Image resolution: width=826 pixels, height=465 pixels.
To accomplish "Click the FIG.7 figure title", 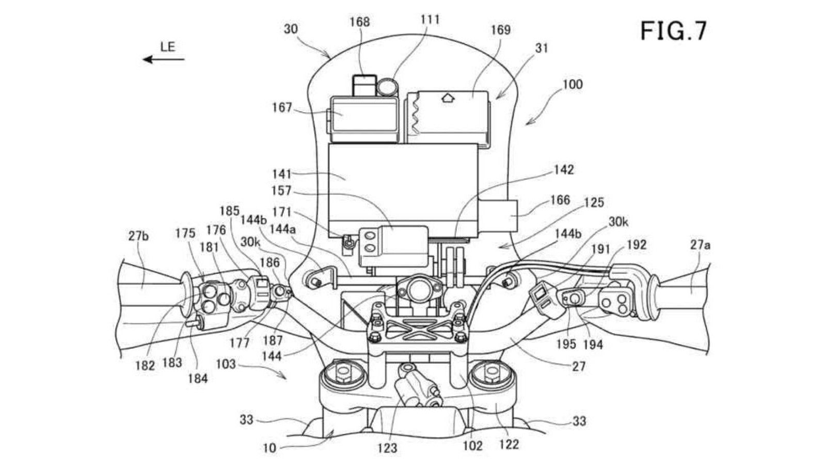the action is pos(673,30).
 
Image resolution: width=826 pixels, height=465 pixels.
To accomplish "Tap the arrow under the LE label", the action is pos(163,59).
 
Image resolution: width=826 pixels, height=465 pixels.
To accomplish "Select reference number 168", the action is pos(359,22).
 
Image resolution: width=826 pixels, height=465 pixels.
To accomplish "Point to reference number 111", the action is pos(430,19).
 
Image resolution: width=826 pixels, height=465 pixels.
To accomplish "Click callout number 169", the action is pos(500,30).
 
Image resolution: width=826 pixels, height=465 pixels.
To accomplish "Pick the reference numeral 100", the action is pos(573,85).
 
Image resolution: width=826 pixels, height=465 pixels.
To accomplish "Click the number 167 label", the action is pos(282,108).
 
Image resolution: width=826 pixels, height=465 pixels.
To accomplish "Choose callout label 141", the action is pos(282,174).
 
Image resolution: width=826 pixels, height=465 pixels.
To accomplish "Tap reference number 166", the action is pos(561,200).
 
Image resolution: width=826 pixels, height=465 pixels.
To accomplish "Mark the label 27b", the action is pos(138,236).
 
